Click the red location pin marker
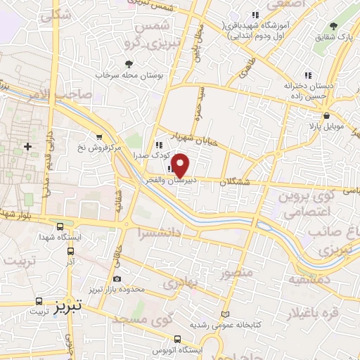click(181, 165)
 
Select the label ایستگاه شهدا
click(60, 238)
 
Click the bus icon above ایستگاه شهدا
click(60, 227)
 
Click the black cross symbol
click(27, 147)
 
